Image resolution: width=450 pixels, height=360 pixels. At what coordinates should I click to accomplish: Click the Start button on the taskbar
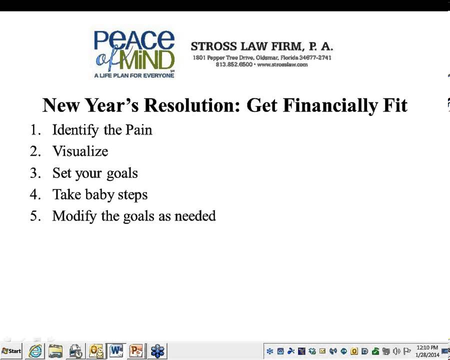pyautogui.click(x=11, y=351)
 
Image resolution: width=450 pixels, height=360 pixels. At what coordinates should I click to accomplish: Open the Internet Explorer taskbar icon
pyautogui.click(x=35, y=351)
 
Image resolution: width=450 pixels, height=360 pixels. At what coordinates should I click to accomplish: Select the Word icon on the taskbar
pyautogui.click(x=116, y=351)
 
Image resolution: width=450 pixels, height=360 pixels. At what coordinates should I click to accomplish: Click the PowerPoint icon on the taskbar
pyautogui.click(x=136, y=351)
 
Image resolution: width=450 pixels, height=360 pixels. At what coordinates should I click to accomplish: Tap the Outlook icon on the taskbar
pyautogui.click(x=96, y=351)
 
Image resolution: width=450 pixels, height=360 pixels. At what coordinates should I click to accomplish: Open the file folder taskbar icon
pyautogui.click(x=55, y=351)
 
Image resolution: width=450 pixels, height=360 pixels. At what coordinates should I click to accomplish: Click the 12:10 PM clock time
pyautogui.click(x=427, y=347)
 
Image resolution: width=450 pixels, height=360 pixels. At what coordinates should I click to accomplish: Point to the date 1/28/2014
pyautogui.click(x=427, y=355)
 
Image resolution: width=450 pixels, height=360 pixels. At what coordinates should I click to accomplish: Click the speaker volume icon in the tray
pyautogui.click(x=397, y=351)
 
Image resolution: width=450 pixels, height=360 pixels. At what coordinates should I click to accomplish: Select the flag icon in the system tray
pyautogui.click(x=407, y=351)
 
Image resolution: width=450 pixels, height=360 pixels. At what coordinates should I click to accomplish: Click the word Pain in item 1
pyautogui.click(x=138, y=130)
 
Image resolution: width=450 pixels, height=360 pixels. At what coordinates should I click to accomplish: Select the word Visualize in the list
pyautogui.click(x=80, y=151)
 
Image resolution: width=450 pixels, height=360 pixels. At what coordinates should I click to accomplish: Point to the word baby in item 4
pyautogui.click(x=99, y=194)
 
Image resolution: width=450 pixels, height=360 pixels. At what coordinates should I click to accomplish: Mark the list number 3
pyautogui.click(x=34, y=173)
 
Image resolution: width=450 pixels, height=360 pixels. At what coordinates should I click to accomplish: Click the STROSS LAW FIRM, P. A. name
pyautogui.click(x=261, y=46)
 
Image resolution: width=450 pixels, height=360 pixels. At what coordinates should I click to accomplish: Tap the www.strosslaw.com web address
pyautogui.click(x=282, y=64)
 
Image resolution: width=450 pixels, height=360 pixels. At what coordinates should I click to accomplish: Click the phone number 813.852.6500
pyautogui.click(x=234, y=64)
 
